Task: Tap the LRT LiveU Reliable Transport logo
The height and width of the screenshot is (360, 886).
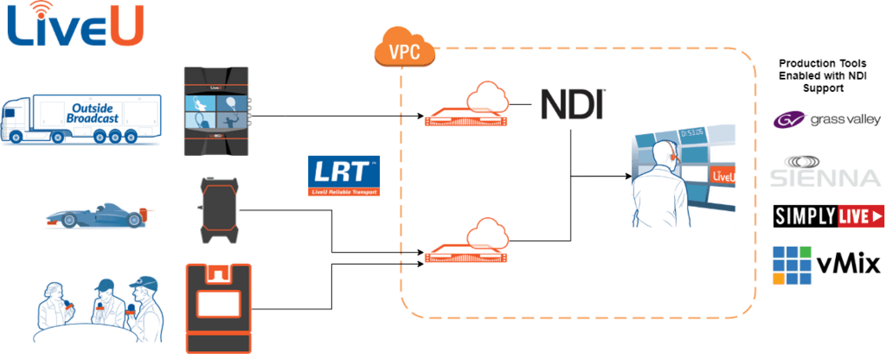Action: click(x=343, y=176)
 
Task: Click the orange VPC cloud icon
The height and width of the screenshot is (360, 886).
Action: click(x=403, y=49)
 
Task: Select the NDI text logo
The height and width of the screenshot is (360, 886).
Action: click(x=572, y=103)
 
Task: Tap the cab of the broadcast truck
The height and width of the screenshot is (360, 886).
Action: click(x=19, y=121)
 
